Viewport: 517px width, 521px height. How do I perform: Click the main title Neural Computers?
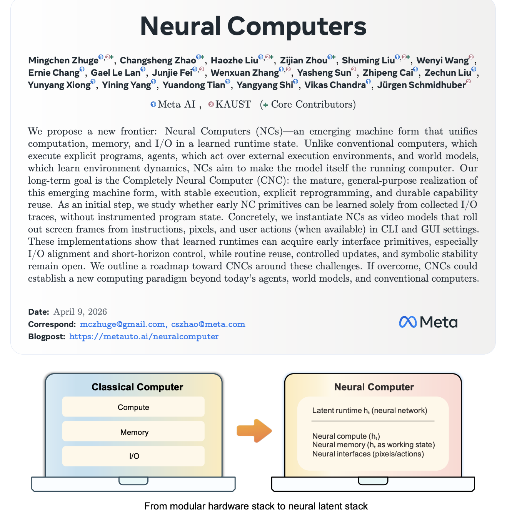(x=253, y=26)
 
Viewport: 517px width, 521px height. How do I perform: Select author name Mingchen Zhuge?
(x=63, y=60)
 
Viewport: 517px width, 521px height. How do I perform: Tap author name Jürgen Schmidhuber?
(x=421, y=85)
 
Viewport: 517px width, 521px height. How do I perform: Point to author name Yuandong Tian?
(x=193, y=85)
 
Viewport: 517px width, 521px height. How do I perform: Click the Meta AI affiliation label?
(x=176, y=105)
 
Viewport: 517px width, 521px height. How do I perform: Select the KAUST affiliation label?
(x=233, y=105)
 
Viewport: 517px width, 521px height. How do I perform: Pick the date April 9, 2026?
(x=80, y=312)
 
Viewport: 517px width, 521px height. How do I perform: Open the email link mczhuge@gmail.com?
(x=122, y=324)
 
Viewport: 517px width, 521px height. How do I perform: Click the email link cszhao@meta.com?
(x=208, y=324)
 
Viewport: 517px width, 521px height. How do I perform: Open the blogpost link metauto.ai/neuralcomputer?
(x=144, y=336)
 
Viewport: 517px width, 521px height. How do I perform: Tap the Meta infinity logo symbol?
(x=408, y=322)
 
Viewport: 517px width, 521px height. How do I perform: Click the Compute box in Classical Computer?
(x=133, y=407)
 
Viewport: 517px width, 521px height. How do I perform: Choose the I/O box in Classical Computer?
(x=133, y=456)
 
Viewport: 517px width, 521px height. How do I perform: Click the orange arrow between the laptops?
(x=254, y=431)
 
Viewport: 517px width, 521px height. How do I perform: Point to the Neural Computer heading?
(x=374, y=387)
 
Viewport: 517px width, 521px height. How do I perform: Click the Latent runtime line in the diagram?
(x=370, y=410)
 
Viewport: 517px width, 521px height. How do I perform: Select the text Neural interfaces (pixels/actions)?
(x=368, y=454)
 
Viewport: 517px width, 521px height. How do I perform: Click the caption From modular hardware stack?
(x=256, y=506)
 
